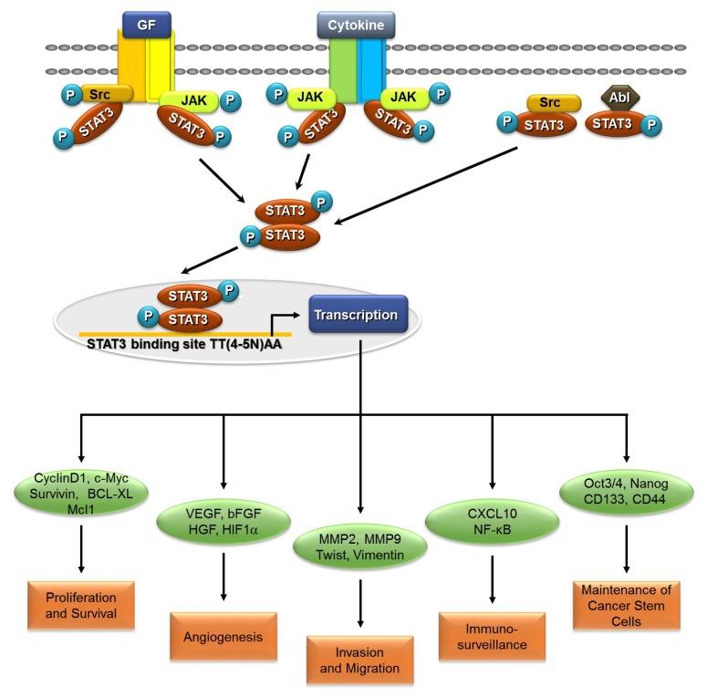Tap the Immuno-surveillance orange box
click(493, 636)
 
